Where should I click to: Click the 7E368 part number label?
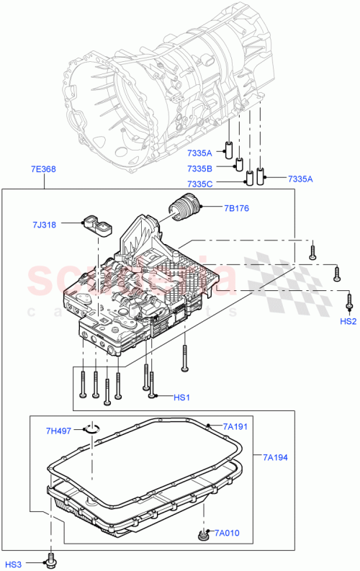43,169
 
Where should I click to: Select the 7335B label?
201,168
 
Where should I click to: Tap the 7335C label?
201,184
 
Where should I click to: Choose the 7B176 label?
236,209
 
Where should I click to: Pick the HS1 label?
181,397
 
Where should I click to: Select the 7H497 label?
59,431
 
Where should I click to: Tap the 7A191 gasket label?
235,427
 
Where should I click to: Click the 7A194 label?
275,457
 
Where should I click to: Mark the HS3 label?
14,564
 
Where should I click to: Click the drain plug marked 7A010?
202,534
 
